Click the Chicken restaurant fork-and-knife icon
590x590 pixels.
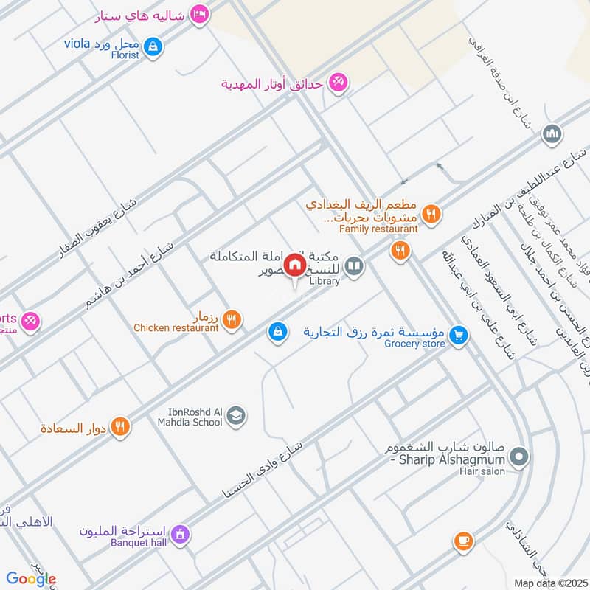coord(232,319)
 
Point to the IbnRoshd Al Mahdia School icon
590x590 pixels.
coord(236,416)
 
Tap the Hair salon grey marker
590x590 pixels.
coord(519,458)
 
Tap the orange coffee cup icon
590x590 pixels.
coord(463,541)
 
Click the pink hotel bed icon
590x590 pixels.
coord(198,15)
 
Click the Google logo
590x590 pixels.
coord(31,579)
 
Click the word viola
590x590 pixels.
coord(77,43)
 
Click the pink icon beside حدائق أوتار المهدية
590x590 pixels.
coord(338,83)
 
